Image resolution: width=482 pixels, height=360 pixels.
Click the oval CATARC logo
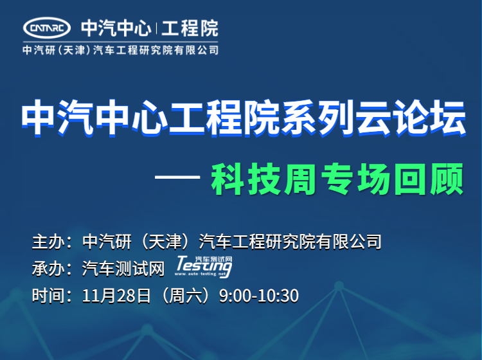pyautogui.click(x=47, y=28)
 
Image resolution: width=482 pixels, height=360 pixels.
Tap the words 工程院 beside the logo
pyautogui.click(x=190, y=28)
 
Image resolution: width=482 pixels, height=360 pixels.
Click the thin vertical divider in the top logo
pyautogui.click(x=156, y=28)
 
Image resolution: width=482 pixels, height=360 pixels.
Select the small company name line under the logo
pyautogui.click(x=120, y=50)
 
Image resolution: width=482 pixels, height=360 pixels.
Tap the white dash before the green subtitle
pyautogui.click(x=177, y=177)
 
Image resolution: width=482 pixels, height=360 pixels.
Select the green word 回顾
pyautogui.click(x=429, y=179)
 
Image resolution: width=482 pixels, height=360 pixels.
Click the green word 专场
pyautogui.click(x=356, y=179)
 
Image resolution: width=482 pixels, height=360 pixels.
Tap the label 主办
pyautogui.click(x=49, y=241)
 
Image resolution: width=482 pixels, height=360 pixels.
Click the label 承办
pyautogui.click(x=49, y=268)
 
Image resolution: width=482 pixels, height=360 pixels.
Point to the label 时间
pyautogui.click(x=49, y=296)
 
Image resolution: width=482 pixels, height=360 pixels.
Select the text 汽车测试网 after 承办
pyautogui.click(x=123, y=268)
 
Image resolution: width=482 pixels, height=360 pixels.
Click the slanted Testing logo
pyautogui.click(x=204, y=266)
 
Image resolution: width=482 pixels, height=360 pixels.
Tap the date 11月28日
pyautogui.click(x=116, y=296)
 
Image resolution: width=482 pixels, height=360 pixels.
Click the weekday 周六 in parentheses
pyautogui.click(x=185, y=296)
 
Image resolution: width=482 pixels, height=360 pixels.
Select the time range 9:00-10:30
pyautogui.click(x=259, y=296)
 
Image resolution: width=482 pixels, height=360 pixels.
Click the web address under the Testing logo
pyautogui.click(x=200, y=274)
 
